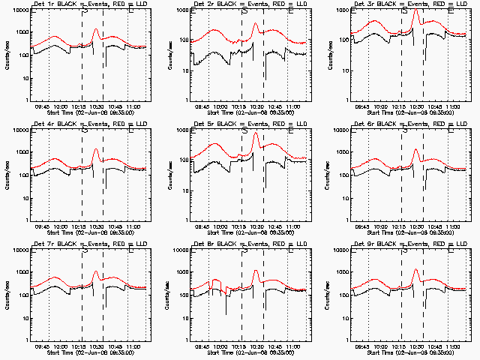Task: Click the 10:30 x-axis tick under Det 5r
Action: [x=256, y=227]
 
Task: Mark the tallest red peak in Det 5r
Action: [x=256, y=134]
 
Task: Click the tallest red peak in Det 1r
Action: [x=95, y=29]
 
